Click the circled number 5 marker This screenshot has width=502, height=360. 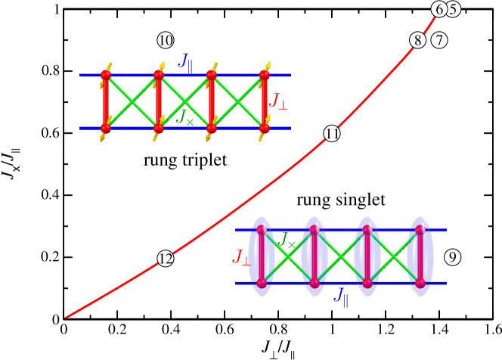pyautogui.click(x=453, y=9)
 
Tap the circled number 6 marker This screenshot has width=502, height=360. pyautogui.click(x=439, y=9)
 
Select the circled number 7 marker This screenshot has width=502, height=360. pyautogui.click(x=439, y=40)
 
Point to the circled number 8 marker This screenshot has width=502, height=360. pyautogui.click(x=418, y=40)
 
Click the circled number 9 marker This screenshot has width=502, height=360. pyautogui.click(x=452, y=257)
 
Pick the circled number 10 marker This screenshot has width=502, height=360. pyautogui.click(x=165, y=40)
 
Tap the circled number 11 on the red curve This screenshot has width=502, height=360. pyautogui.click(x=332, y=134)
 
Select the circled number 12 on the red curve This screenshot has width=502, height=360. pyautogui.click(x=166, y=259)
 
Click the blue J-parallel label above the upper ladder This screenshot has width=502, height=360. pyautogui.click(x=185, y=61)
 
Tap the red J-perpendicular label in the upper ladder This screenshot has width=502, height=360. pyautogui.click(x=278, y=101)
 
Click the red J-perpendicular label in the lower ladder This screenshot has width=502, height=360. pyautogui.click(x=242, y=257)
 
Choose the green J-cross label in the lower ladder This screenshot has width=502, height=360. pyautogui.click(x=287, y=241)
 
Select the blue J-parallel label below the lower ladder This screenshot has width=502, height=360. pyautogui.click(x=342, y=296)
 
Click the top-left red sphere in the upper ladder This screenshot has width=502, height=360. pyautogui.click(x=106, y=75)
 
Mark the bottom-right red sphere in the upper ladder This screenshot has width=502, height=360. pyautogui.click(x=265, y=129)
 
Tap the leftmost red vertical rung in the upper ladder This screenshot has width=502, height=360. pyautogui.click(x=106, y=102)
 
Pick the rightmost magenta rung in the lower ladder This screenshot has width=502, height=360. pyautogui.click(x=420, y=256)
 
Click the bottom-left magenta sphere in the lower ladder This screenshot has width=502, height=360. pyautogui.click(x=262, y=284)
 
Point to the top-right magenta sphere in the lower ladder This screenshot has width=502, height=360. pyautogui.click(x=420, y=229)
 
